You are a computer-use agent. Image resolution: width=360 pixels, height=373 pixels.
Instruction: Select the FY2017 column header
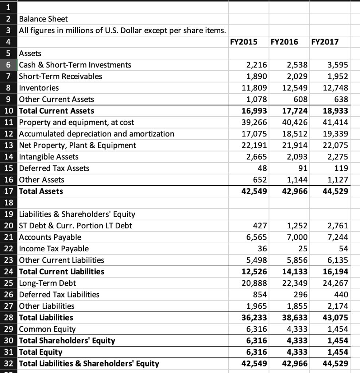pyautogui.click(x=325, y=42)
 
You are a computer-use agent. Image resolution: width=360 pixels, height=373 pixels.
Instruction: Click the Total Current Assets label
pyautogui.click(x=57, y=111)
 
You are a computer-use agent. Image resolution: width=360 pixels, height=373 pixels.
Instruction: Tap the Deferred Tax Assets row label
pyautogui.click(x=54, y=168)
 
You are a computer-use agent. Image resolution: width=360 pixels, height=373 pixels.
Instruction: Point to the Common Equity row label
pyautogui.click(x=47, y=329)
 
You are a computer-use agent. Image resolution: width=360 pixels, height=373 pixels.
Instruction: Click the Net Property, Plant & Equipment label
pyautogui.click(x=77, y=145)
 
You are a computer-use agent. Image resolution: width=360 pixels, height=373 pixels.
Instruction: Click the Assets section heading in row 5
pyautogui.click(x=30, y=54)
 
